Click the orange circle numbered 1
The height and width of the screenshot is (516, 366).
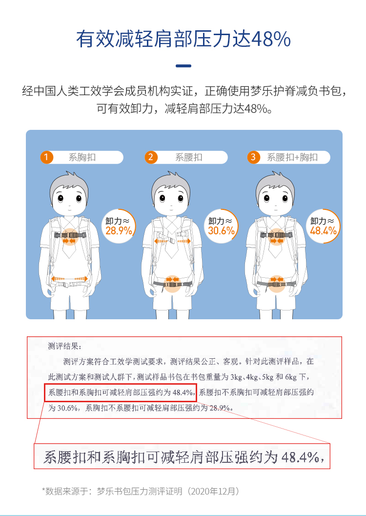click(46, 157)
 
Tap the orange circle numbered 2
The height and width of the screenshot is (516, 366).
click(151, 157)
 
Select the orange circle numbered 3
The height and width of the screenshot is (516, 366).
click(253, 157)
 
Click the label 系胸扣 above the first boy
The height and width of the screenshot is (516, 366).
click(82, 157)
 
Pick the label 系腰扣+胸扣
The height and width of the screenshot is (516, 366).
click(292, 157)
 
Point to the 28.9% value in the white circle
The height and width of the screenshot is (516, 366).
click(119, 231)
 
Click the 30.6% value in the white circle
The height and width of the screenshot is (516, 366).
click(222, 231)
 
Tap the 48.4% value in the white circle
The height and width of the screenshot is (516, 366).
click(324, 231)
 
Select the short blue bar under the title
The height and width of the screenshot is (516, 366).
click(183, 66)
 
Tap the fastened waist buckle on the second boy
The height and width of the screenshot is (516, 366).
click(172, 284)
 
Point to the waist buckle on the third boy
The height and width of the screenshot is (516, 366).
click(276, 284)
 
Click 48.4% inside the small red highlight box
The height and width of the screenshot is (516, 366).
click(183, 392)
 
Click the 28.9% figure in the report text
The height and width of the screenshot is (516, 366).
click(220, 408)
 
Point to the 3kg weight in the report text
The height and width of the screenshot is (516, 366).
click(237, 377)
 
